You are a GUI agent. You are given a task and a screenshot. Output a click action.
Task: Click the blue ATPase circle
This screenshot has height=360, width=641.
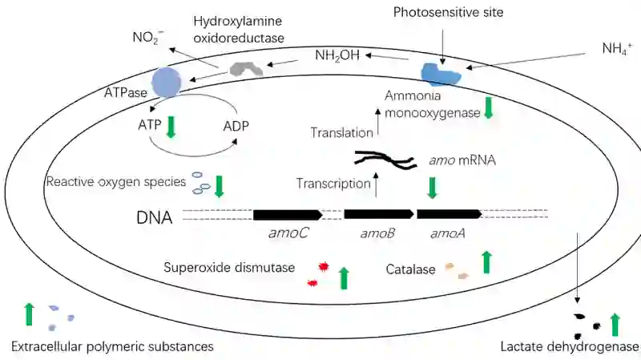(x=167, y=82)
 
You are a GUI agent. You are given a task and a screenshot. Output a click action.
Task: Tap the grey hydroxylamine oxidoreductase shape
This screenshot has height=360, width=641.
(x=246, y=69)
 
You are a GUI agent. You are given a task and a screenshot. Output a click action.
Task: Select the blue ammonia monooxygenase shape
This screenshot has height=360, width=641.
(x=441, y=75)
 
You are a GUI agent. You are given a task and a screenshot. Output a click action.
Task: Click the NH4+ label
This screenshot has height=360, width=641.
(x=617, y=48)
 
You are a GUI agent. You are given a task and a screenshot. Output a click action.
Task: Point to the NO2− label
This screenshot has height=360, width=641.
(x=148, y=37)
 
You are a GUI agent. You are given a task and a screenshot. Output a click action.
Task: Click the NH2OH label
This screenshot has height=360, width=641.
(x=337, y=55)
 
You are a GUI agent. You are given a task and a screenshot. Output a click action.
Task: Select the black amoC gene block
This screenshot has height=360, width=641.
(x=288, y=214)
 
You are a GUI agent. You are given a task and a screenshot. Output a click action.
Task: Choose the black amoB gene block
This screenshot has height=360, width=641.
(x=378, y=214)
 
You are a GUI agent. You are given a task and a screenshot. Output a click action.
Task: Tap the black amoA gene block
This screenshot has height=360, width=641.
(x=450, y=214)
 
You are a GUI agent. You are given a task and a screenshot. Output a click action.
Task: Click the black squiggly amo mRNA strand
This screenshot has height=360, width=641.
(x=385, y=159)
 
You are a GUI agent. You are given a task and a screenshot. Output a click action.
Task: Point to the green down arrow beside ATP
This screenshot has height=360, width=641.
(x=171, y=127)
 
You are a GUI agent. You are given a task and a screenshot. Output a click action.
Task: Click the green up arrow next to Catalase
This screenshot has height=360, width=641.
(x=486, y=262)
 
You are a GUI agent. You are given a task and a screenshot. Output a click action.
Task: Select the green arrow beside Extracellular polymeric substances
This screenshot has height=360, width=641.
(x=29, y=314)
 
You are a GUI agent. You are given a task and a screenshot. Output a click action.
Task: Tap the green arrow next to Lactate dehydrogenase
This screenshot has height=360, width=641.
(x=615, y=325)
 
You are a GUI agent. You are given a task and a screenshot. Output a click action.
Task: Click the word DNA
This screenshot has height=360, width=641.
(x=154, y=217)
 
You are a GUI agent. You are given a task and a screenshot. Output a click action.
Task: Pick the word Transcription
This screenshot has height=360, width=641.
(x=333, y=184)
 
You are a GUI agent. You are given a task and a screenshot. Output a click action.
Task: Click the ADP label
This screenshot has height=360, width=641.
(x=236, y=126)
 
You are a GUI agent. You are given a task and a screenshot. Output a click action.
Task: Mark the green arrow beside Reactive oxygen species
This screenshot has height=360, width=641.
(x=219, y=187)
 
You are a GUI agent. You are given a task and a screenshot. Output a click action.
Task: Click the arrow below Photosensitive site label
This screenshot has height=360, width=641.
(x=442, y=44)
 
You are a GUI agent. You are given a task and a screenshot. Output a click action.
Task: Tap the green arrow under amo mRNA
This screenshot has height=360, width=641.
(x=432, y=188)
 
